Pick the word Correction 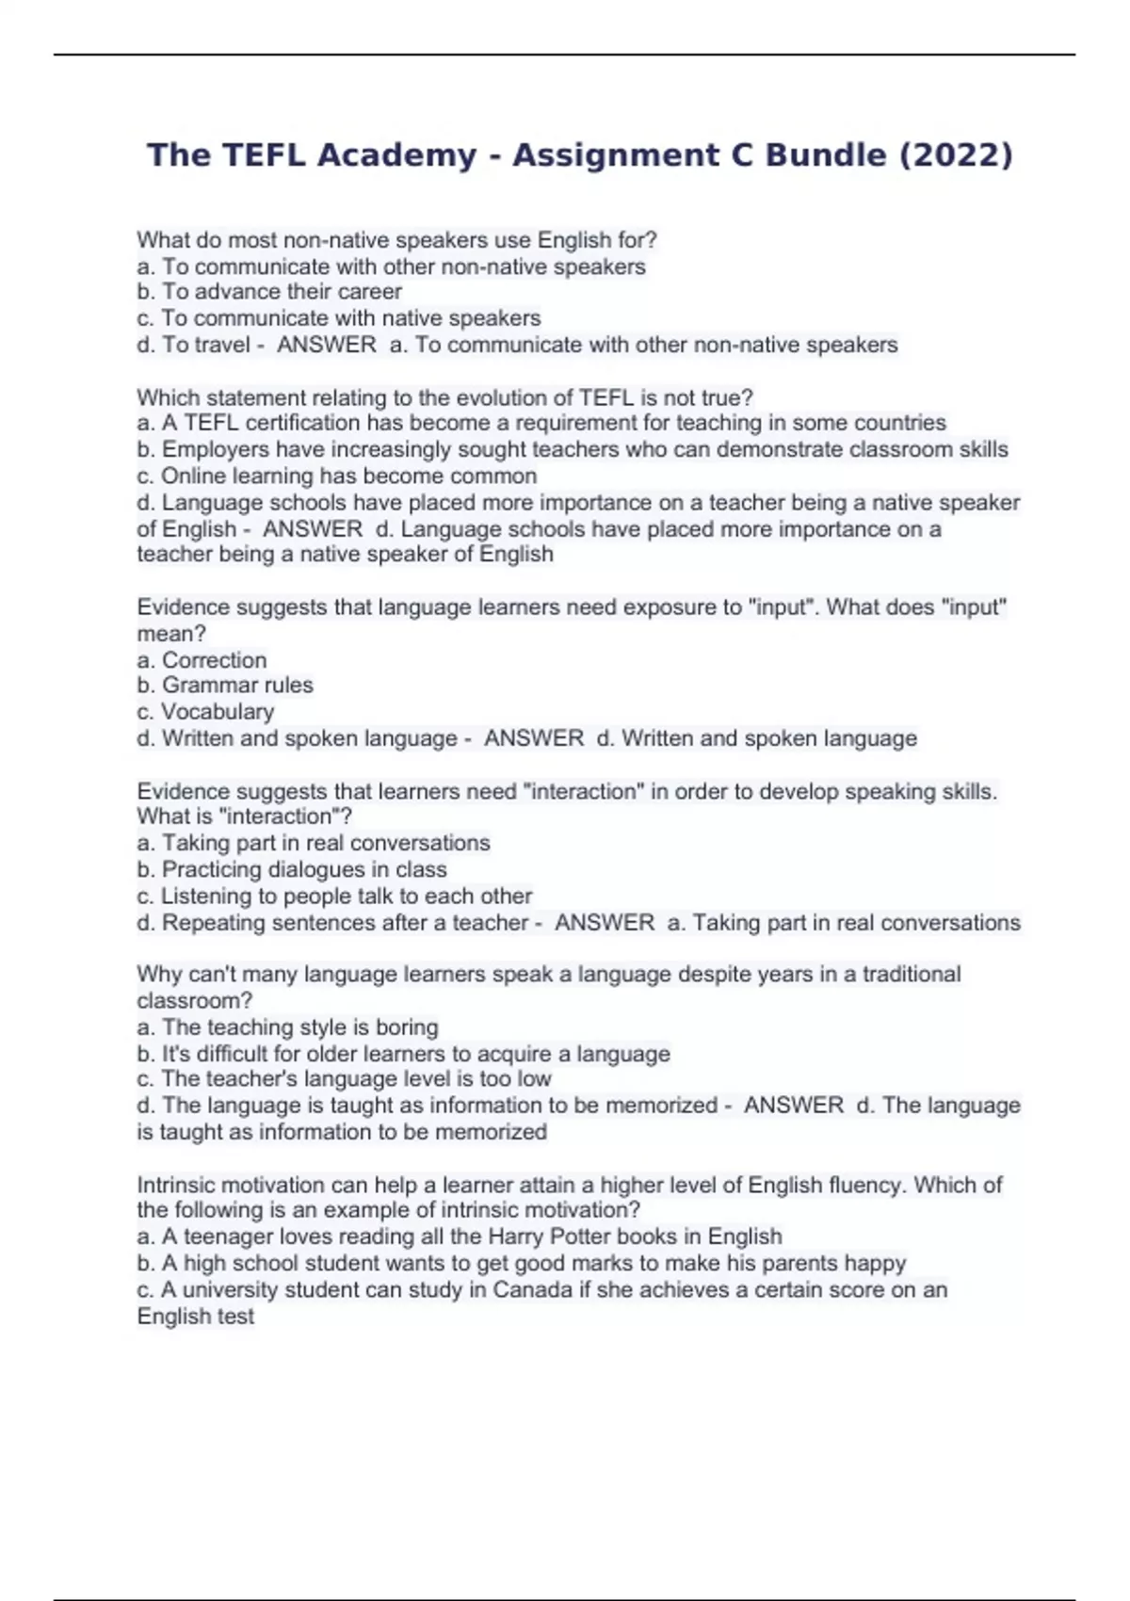tap(214, 660)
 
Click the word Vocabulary tap(218, 712)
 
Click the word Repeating tap(213, 922)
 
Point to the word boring tap(407, 1027)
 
